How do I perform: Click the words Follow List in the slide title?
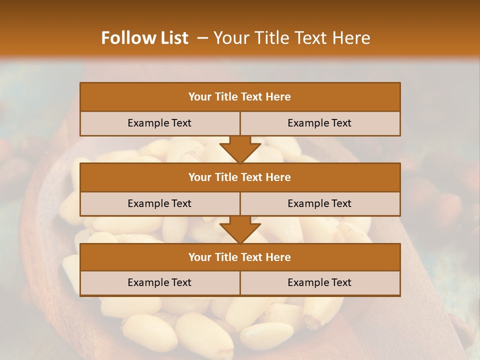(144, 38)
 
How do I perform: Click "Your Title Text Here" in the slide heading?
(291, 38)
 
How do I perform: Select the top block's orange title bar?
(240, 97)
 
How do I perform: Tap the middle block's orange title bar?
(240, 177)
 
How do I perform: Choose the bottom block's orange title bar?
(240, 257)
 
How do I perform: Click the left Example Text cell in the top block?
(159, 123)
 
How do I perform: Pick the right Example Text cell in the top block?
(319, 123)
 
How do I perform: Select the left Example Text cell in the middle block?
(159, 203)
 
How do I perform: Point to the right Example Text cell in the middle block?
(319, 203)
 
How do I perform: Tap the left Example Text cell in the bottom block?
(159, 282)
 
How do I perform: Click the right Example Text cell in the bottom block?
(319, 282)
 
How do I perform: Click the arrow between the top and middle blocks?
(240, 149)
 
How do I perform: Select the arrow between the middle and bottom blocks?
(240, 229)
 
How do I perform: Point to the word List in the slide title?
(173, 38)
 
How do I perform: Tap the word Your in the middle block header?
(199, 177)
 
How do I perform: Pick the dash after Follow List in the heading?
(203, 38)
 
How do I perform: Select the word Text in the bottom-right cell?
(341, 282)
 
